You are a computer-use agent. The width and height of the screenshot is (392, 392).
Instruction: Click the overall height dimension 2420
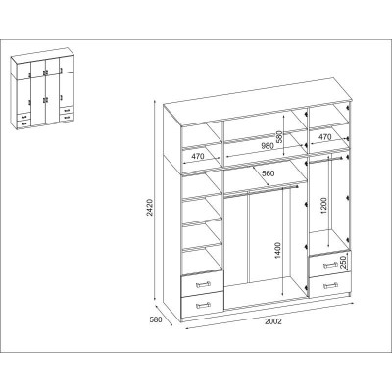click(149, 208)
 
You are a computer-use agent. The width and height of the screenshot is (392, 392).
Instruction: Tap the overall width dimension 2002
click(273, 321)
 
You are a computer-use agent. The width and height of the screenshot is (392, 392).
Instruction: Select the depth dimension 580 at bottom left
click(156, 320)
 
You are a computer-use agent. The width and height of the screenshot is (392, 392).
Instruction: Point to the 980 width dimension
click(267, 146)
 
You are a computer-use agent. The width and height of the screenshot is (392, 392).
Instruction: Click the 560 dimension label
click(269, 173)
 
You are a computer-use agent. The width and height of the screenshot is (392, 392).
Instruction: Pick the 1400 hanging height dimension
click(278, 251)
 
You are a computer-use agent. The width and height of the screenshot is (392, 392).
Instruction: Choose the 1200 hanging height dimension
click(323, 206)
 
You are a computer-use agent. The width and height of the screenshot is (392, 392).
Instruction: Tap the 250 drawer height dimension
click(343, 262)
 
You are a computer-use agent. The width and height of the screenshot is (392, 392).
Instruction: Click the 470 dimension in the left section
click(198, 156)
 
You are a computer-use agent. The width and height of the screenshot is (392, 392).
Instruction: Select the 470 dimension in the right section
click(324, 137)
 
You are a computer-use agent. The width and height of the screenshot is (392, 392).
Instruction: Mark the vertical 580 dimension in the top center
click(279, 137)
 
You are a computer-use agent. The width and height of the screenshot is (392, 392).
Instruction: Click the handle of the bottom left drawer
click(203, 306)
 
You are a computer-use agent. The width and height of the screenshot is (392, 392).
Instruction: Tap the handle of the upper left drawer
click(203, 284)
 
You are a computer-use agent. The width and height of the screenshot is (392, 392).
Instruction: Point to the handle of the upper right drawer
click(330, 265)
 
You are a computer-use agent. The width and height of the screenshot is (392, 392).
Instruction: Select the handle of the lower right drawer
click(330, 286)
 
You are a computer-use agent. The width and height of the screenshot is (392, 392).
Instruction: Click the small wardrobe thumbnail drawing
click(42, 88)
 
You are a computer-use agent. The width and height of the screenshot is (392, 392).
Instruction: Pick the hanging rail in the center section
click(262, 191)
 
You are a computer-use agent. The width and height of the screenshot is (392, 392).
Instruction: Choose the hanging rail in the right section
click(325, 159)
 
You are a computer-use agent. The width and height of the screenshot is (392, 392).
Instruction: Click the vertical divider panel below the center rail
click(248, 237)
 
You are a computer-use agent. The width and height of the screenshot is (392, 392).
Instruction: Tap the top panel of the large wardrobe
click(258, 100)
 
